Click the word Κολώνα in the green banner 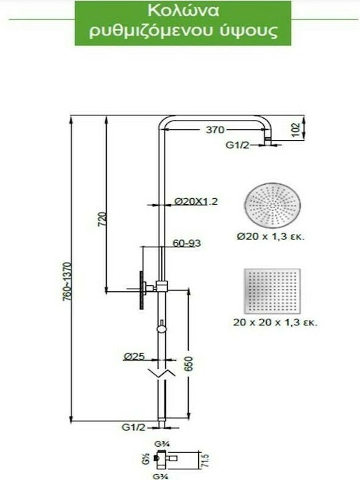183,11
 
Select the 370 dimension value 215,130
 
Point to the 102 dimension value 295,130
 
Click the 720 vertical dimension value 103,219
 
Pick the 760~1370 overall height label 67,281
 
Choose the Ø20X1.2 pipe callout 196,201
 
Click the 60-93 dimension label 187,243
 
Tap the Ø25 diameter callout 135,356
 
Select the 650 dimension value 189,364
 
